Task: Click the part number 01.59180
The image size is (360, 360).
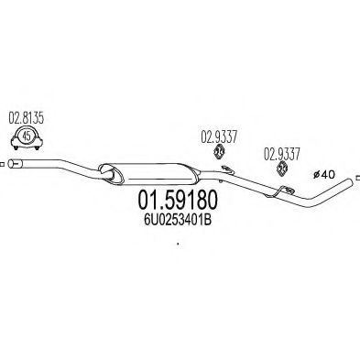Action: tap(178, 200)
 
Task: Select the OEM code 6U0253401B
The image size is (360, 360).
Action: tap(178, 220)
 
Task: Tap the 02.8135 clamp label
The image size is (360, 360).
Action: tap(26, 118)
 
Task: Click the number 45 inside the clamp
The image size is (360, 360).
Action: tap(27, 136)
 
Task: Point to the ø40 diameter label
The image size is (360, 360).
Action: tap(324, 175)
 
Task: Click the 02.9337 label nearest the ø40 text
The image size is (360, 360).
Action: tap(282, 155)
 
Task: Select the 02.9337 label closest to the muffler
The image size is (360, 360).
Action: tap(219, 137)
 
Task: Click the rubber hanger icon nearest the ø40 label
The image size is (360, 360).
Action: tap(281, 169)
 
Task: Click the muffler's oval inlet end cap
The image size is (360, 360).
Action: tap(111, 174)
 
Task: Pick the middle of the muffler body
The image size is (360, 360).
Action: tap(149, 174)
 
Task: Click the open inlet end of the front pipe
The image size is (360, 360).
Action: tap(11, 164)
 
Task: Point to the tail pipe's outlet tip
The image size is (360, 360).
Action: tap(351, 180)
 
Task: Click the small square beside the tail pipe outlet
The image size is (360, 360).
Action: tap(358, 178)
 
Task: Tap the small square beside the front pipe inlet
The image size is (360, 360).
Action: tap(2, 164)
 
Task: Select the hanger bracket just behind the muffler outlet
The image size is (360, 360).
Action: tap(227, 169)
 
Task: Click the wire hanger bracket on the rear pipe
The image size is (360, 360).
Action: tap(279, 191)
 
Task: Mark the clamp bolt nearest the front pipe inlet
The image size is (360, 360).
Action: tap(16, 148)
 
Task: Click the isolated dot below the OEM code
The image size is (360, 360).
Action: tap(178, 244)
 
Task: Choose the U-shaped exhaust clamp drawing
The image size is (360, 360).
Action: tap(27, 137)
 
